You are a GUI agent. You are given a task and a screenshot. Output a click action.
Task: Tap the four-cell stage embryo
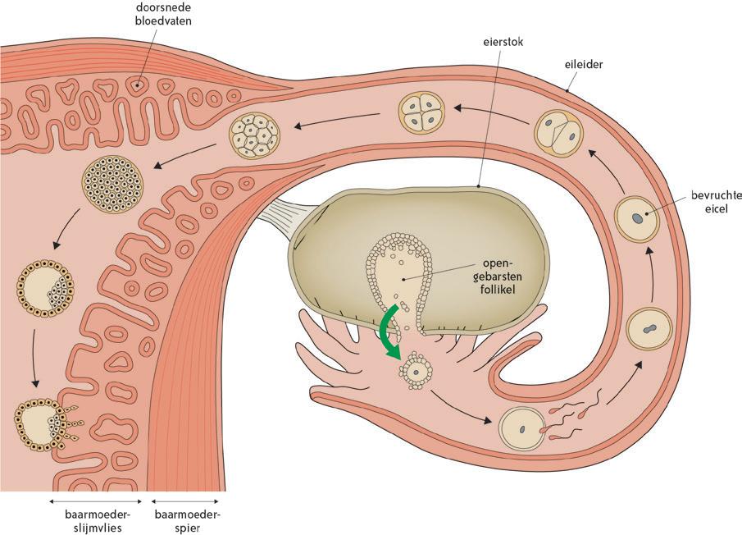(x=422, y=112)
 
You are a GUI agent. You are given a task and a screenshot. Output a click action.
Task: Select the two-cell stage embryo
(x=559, y=131)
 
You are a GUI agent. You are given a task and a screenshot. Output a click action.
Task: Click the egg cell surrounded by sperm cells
(x=522, y=428)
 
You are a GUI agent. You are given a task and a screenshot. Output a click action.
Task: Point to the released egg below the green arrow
(x=417, y=372)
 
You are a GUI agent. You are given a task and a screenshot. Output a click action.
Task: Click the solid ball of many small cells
(x=115, y=184)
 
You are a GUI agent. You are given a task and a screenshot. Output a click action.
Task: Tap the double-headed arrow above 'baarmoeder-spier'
(x=187, y=501)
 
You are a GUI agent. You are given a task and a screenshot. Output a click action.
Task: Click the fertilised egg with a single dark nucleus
(x=637, y=219)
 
